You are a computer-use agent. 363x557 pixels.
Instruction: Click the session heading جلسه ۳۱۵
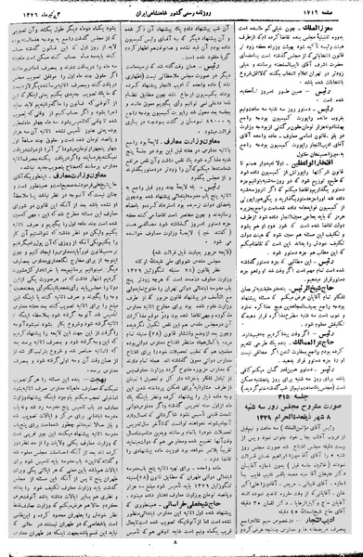(297, 402)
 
